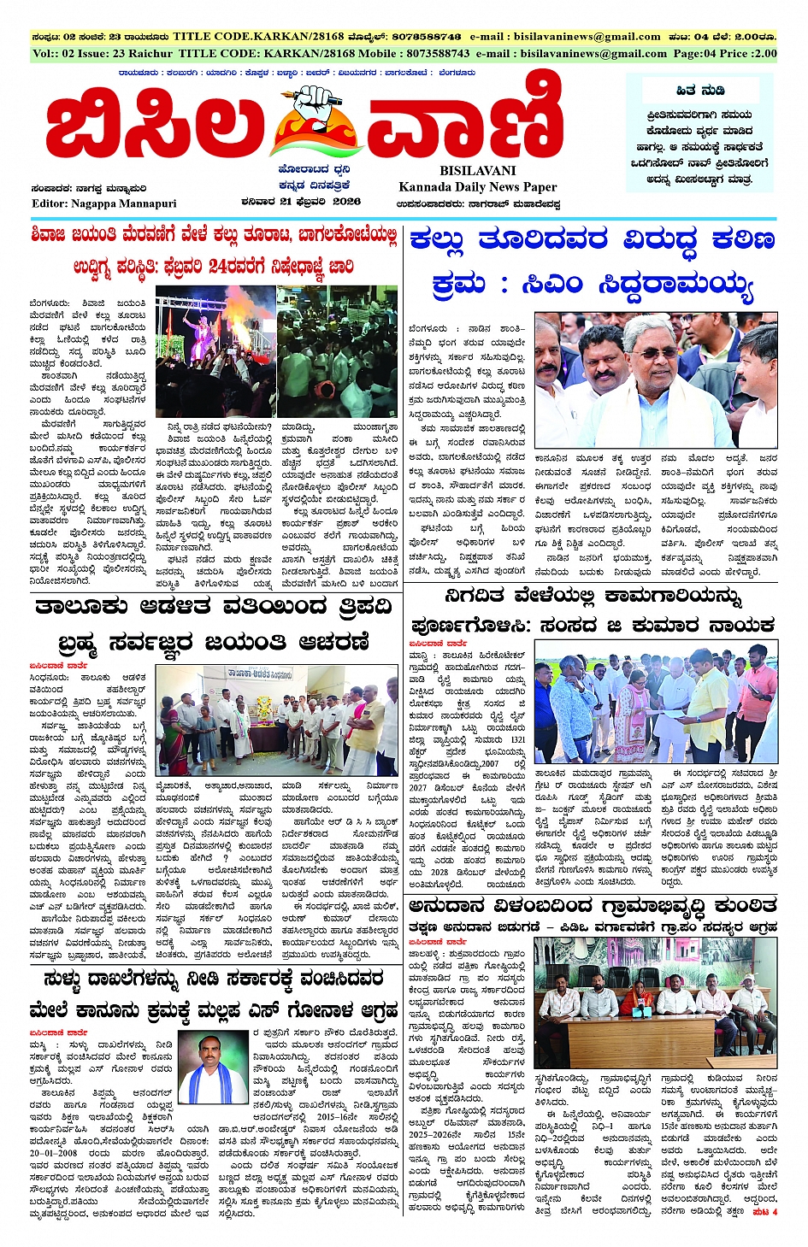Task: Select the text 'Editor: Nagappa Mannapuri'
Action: tap(103, 203)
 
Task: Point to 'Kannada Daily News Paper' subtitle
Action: tap(477, 186)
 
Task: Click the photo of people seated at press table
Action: tap(655, 1002)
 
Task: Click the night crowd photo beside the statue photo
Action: tap(337, 351)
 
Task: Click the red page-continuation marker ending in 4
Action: tap(764, 1212)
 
